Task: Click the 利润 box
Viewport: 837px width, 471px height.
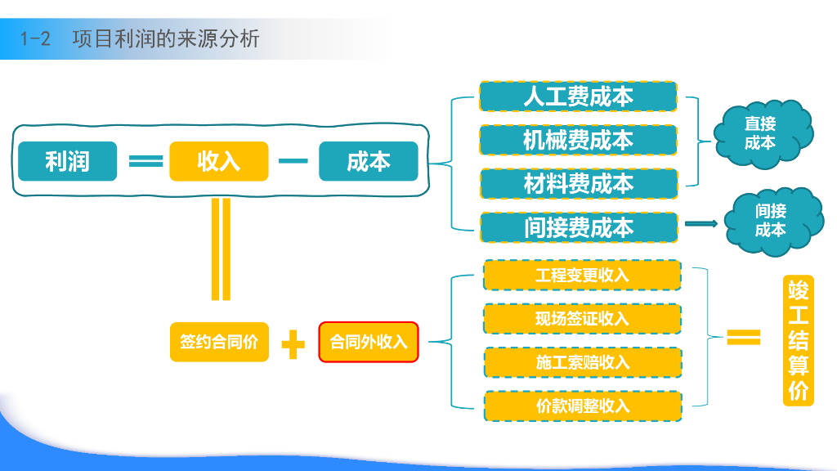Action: [x=67, y=161]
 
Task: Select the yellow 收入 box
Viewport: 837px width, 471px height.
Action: [x=218, y=161]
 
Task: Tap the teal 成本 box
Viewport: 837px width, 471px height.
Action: [x=368, y=161]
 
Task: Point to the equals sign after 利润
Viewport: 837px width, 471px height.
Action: [x=145, y=161]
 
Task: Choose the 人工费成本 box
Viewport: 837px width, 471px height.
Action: [x=578, y=96]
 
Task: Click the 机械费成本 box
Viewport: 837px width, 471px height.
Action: [x=578, y=140]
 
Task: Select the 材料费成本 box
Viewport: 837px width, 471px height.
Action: [x=578, y=184]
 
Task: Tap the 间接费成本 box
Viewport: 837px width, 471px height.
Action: [x=578, y=227]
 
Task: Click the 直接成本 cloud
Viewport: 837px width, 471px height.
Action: [x=761, y=133]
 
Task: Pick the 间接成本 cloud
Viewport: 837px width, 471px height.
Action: [x=770, y=220]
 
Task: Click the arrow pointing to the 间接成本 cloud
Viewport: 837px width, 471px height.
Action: [x=700, y=223]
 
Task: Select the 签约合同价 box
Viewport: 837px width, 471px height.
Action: [x=218, y=342]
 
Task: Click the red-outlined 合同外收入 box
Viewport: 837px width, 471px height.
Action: [x=368, y=342]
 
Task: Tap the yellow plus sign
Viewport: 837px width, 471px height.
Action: [x=293, y=343]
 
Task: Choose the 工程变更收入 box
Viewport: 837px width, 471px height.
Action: [x=582, y=275]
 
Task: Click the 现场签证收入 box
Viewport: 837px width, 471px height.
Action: [x=582, y=318]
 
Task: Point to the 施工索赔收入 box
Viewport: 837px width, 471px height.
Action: [x=582, y=361]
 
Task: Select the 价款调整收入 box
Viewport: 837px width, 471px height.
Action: [x=582, y=406]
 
